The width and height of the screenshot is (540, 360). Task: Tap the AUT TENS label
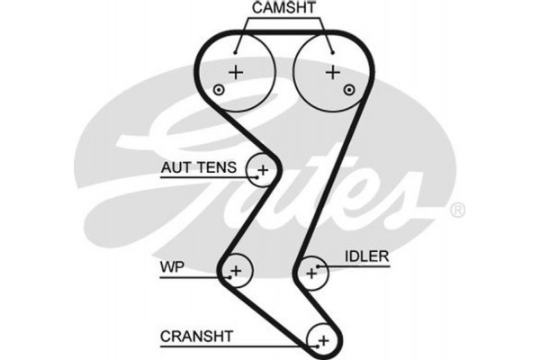[199, 166]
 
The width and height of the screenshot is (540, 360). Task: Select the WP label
[172, 266]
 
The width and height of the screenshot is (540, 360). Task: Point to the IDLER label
[366, 256]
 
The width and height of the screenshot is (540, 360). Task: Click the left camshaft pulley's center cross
[236, 71]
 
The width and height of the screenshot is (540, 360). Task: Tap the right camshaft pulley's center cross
[333, 71]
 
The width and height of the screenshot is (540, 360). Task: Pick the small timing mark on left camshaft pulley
[218, 89]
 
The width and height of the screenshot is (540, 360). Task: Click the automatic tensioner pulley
[263, 168]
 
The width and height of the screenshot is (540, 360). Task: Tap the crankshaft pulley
[321, 339]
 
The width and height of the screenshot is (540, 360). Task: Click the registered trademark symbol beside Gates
[457, 211]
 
